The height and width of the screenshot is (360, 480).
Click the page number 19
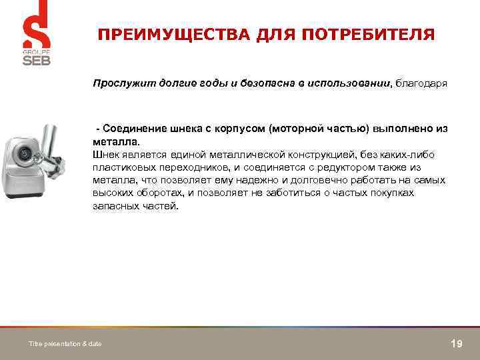(457, 343)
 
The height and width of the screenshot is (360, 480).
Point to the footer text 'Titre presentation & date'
(65, 343)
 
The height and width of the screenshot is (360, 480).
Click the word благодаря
(422, 84)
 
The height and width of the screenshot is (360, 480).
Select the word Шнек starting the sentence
(105, 154)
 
